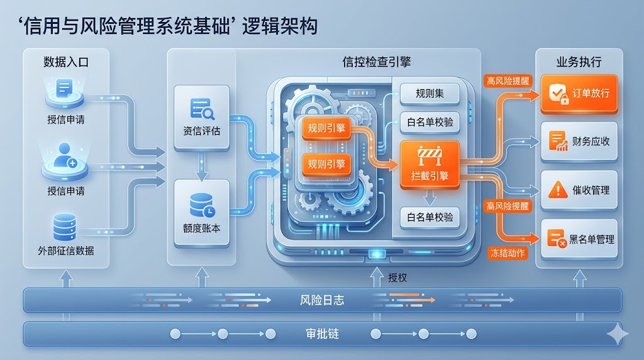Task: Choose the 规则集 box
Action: (430, 94)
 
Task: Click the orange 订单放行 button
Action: (579, 94)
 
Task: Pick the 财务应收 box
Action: (579, 142)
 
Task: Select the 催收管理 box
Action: (579, 189)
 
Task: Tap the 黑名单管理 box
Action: (579, 239)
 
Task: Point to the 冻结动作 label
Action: (508, 253)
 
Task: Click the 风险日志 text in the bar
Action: (322, 300)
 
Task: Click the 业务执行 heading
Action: (579, 62)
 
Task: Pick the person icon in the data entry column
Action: (65, 155)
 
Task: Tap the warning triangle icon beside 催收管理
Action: (558, 189)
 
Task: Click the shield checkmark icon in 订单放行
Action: (558, 94)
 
